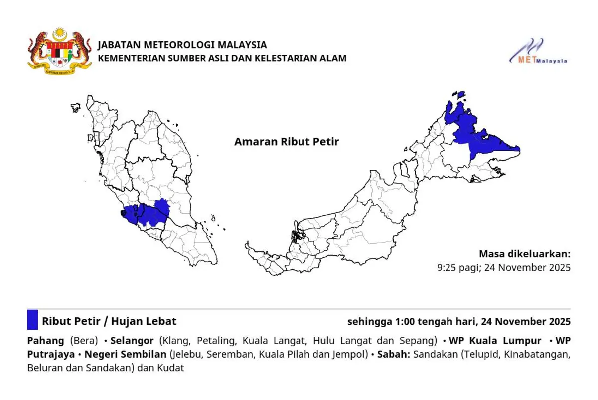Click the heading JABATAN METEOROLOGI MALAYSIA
coord(182,45)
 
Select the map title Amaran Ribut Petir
coord(287,142)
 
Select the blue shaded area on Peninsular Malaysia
coord(149,213)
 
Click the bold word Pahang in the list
coord(45,341)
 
